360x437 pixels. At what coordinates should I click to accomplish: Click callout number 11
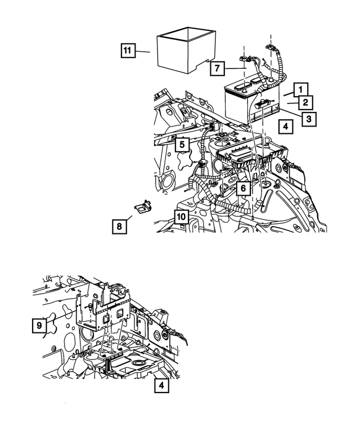tap(128, 51)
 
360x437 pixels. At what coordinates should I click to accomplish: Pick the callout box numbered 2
tap(304, 103)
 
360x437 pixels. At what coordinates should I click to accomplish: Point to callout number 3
tap(308, 118)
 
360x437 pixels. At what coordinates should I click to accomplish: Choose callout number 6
tap(242, 188)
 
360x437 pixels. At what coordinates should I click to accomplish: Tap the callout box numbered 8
tap(119, 226)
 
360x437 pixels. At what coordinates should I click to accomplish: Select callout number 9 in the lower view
tap(39, 325)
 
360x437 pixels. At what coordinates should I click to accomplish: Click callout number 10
tap(181, 216)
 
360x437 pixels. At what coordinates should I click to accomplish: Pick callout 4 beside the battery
tap(286, 127)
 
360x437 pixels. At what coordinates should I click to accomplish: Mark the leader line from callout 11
tap(143, 51)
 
